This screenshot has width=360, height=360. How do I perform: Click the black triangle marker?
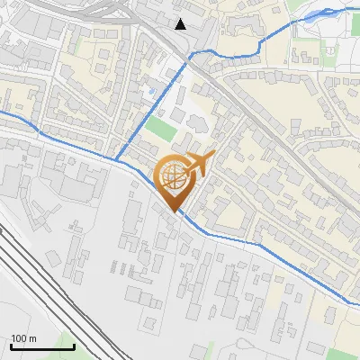[x=181, y=23]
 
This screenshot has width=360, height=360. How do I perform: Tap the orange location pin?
[x=177, y=179]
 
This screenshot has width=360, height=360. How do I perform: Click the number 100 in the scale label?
[x=19, y=339]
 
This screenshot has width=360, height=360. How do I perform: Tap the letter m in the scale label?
[x=32, y=339]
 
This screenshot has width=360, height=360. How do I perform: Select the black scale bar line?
[x=42, y=346]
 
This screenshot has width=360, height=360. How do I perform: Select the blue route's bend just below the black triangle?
[x=190, y=56]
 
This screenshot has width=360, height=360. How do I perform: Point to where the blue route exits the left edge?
[x=2, y=113]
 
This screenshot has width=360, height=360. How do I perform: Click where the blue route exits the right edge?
[x=357, y=304]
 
